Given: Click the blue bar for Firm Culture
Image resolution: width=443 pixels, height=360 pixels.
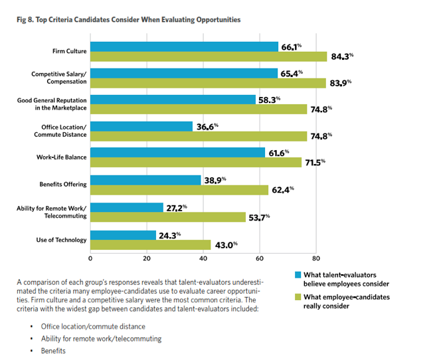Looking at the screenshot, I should click(x=184, y=46).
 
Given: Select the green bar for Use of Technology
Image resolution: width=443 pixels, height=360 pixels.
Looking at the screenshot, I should click(x=150, y=244).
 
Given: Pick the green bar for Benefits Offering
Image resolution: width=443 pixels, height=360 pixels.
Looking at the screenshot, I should click(x=178, y=190).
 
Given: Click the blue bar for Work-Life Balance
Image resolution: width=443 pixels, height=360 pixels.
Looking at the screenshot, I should click(x=177, y=153).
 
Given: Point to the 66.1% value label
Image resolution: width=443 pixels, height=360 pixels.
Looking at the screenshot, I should click(x=292, y=46).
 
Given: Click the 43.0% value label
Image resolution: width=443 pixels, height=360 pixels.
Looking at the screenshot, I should click(x=226, y=244).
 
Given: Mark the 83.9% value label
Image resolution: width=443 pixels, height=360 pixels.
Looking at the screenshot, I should click(x=341, y=82).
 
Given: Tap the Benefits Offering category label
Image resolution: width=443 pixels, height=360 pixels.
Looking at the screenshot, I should click(x=60, y=184).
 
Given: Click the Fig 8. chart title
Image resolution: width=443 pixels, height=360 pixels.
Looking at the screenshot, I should click(x=129, y=20).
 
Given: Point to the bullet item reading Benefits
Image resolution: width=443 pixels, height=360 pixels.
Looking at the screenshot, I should click(x=54, y=350).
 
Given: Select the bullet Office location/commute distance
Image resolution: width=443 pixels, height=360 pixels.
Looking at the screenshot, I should click(x=92, y=326).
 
